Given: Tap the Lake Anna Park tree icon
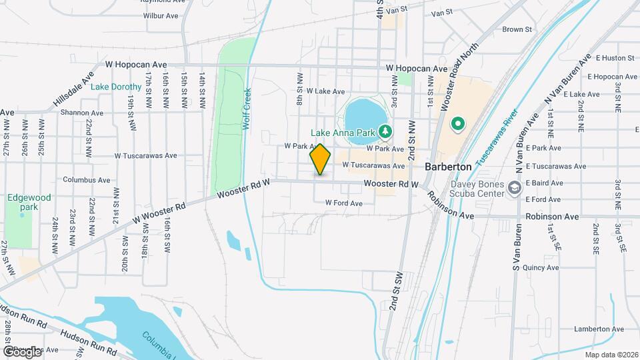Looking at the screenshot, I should [384, 132].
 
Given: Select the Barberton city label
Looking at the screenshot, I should [449, 167].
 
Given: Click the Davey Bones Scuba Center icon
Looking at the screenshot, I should [514, 189].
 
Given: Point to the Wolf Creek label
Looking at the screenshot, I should [246, 109].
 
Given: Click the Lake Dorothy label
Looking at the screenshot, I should [116, 87].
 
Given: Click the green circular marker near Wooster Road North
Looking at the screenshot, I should [458, 123].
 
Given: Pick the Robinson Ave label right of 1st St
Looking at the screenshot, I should [552, 217].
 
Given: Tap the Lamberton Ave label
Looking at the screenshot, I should [599, 329].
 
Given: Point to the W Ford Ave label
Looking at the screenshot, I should [343, 203].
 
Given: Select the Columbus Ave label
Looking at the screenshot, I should [87, 180].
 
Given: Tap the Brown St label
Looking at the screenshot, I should [517, 29].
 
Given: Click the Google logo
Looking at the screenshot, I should [21, 351].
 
